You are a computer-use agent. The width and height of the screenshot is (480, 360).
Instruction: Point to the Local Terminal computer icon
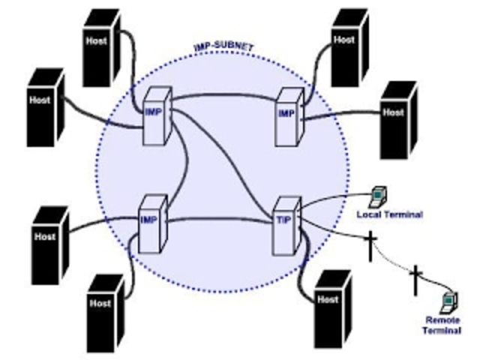click(379, 195)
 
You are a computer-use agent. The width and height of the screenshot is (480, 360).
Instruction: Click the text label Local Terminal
click(388, 215)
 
